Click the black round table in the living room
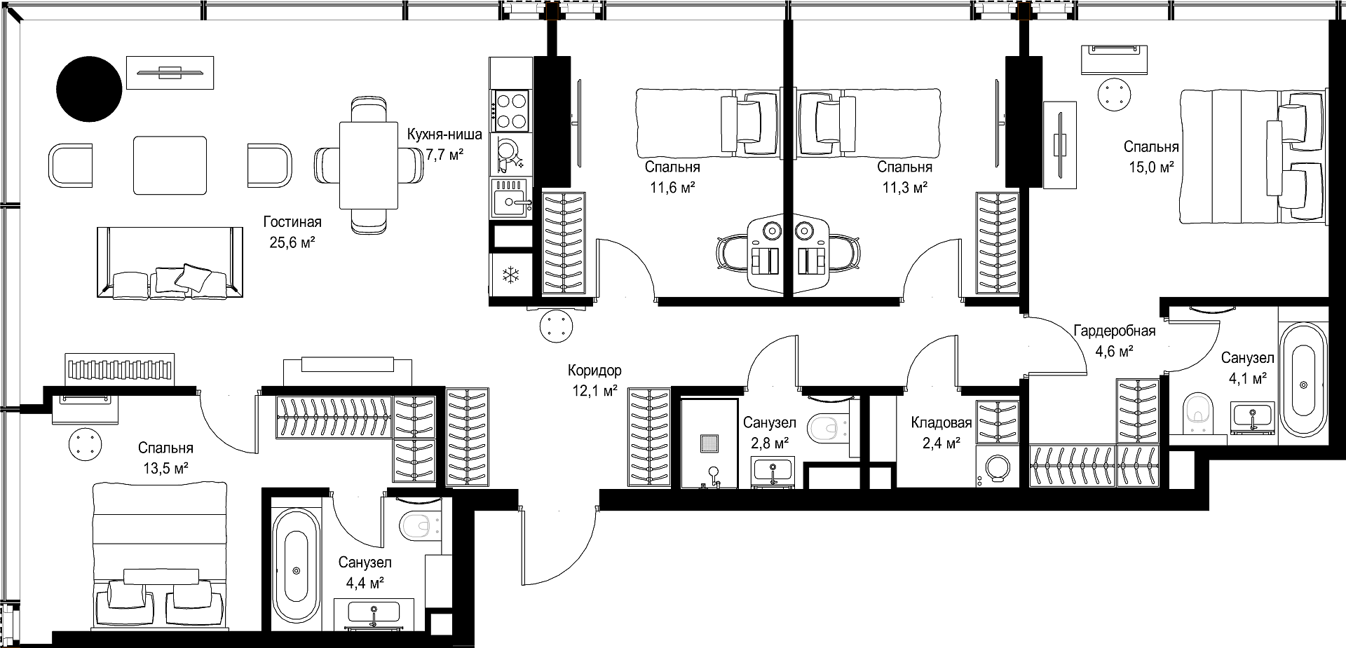89,88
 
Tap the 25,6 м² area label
292,242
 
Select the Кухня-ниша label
444,135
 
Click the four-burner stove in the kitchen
510,111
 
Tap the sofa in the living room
166,262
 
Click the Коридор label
594,371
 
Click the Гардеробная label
1115,331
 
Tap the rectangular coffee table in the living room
170,165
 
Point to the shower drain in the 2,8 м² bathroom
708,443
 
